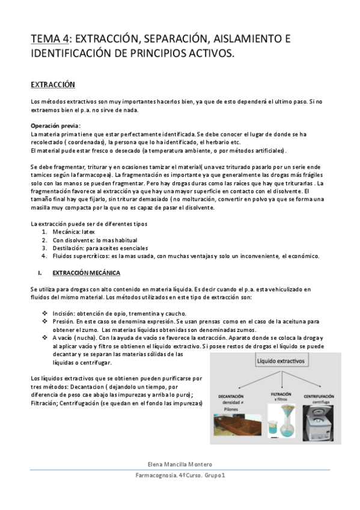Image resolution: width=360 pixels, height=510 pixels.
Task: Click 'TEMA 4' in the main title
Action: point(49,40)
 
